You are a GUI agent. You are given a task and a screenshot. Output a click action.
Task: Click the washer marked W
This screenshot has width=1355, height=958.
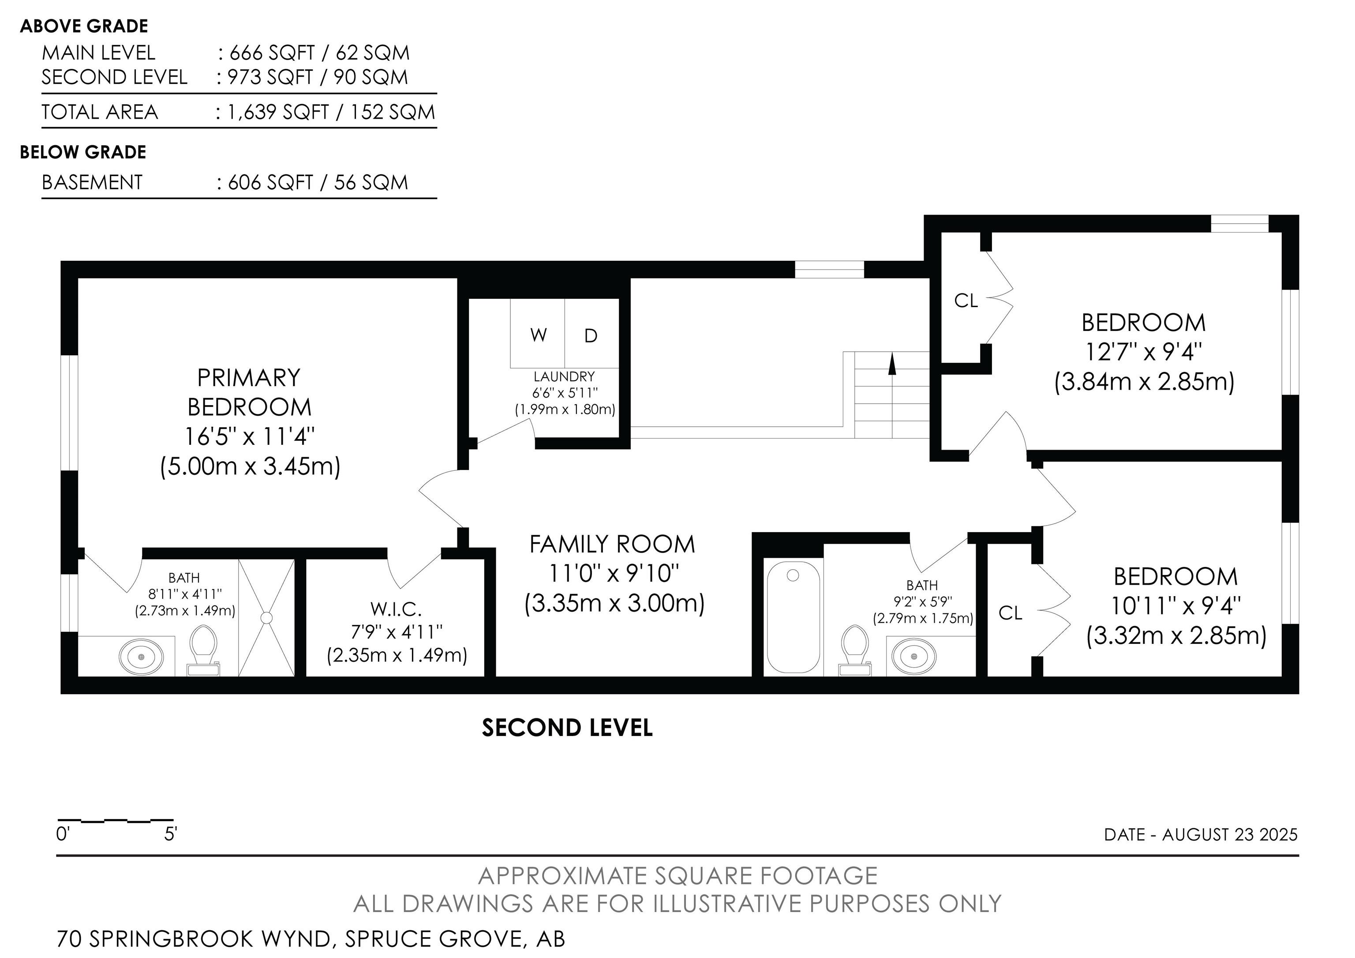point(538,334)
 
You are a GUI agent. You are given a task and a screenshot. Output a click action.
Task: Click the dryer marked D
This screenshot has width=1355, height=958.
point(591,334)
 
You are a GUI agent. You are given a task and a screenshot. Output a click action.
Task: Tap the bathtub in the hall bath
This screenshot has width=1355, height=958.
point(793,616)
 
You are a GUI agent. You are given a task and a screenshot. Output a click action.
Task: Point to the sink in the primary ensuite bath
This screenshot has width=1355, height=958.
point(141,656)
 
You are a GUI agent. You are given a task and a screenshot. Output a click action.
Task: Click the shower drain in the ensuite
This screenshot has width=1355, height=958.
point(266,617)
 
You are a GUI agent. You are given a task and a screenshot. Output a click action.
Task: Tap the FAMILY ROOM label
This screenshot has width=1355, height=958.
point(613,544)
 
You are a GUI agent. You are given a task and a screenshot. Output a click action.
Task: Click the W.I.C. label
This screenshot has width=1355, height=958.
point(396,609)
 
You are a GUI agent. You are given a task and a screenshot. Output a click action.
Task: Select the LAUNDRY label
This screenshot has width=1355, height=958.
point(564,376)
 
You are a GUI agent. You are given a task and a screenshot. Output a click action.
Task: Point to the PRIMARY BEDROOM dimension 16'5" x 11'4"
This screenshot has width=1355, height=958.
point(250,437)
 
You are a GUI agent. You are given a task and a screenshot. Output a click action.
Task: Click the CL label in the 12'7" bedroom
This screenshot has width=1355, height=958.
point(966,301)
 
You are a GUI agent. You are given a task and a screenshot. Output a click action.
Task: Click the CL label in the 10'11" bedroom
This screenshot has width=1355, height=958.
point(1011,613)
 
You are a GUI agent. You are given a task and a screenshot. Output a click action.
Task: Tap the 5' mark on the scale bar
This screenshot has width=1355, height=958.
point(171,834)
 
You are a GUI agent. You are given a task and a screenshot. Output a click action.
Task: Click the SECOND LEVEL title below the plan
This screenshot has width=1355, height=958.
point(567,728)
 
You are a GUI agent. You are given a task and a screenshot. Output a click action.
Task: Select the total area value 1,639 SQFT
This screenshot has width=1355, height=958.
point(279,112)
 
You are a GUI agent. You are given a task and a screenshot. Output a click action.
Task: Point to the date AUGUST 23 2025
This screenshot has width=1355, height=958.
point(1230,834)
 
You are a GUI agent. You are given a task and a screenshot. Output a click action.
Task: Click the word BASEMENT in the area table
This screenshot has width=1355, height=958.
point(92,182)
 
